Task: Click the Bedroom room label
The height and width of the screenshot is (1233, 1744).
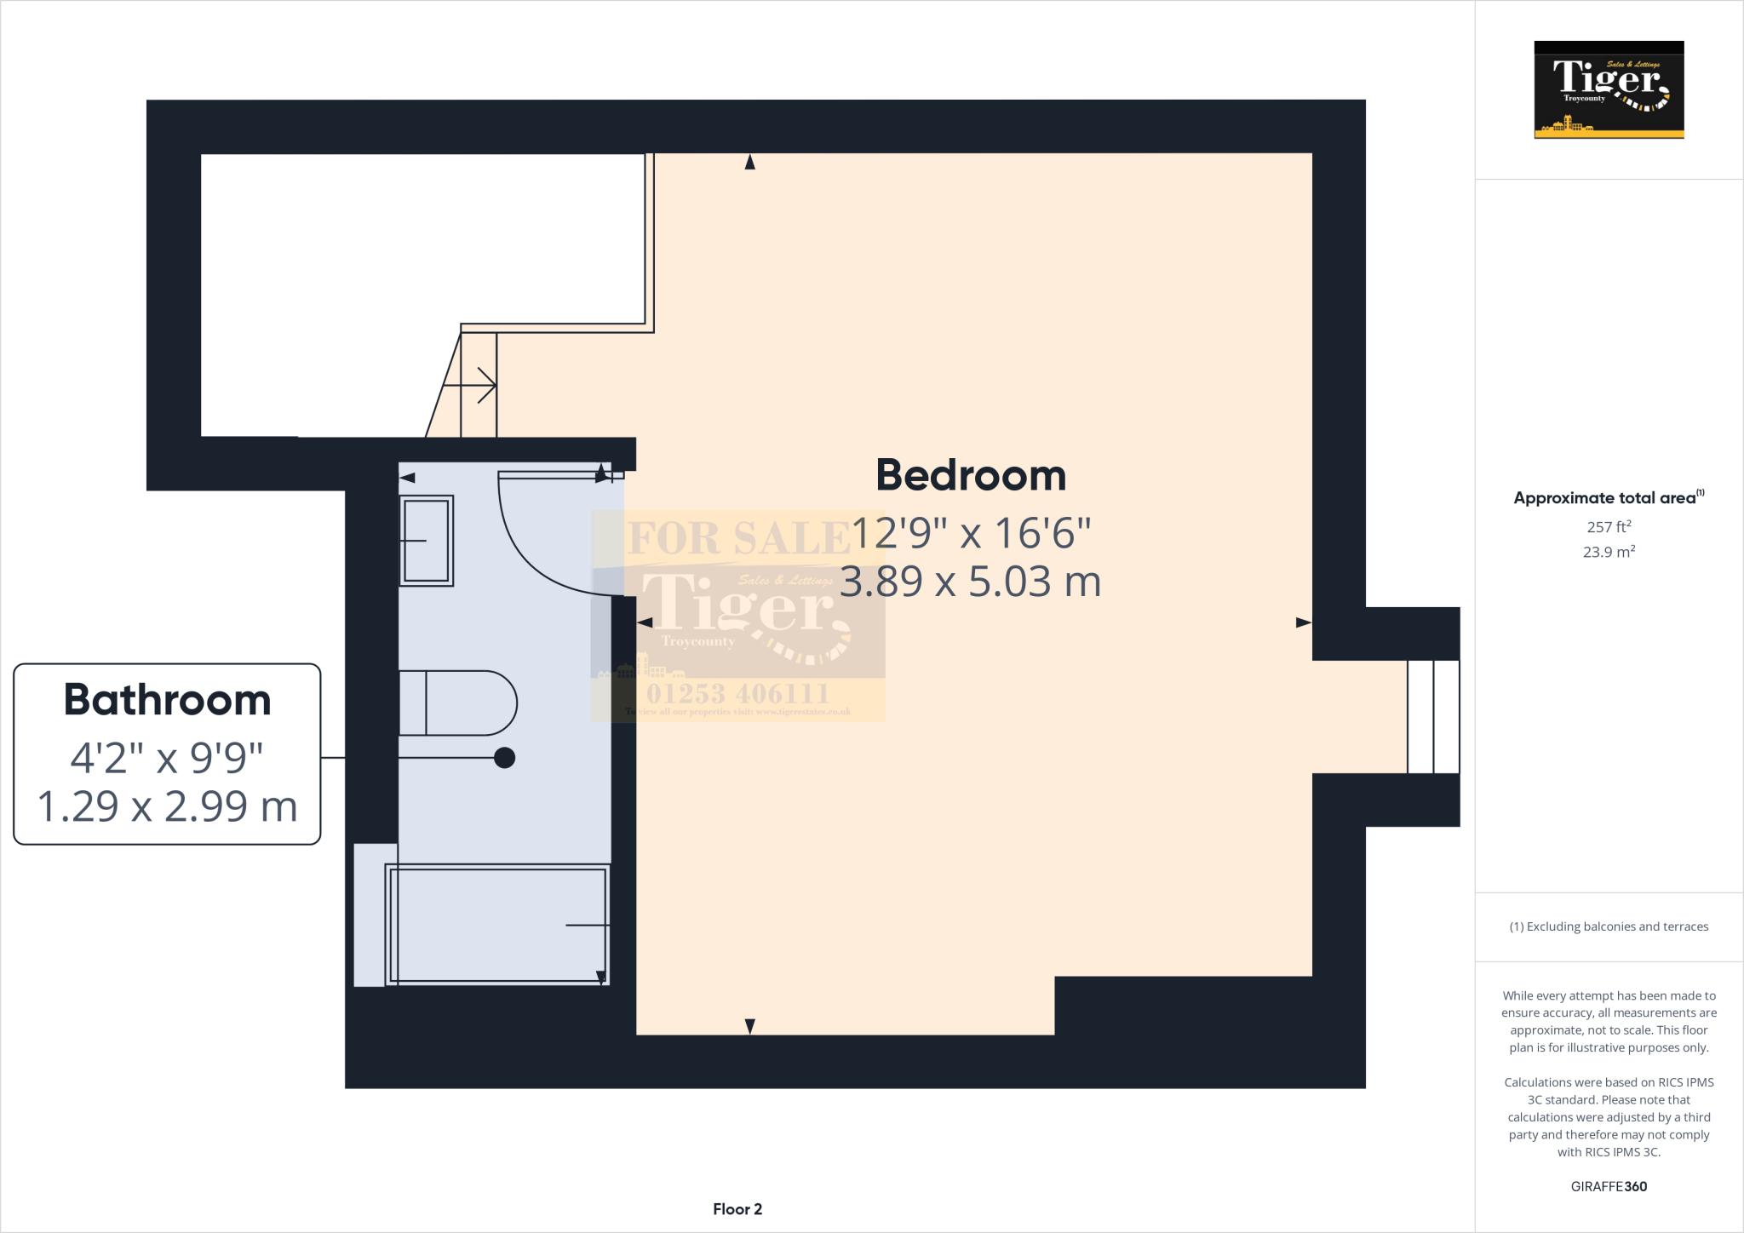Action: tap(971, 475)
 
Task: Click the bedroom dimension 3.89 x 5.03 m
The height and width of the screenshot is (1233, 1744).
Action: tap(971, 582)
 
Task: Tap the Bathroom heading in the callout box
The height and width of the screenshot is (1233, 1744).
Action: tap(168, 700)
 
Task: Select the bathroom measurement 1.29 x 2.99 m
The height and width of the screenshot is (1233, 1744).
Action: tap(168, 806)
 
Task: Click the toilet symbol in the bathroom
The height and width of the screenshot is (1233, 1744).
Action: tap(460, 703)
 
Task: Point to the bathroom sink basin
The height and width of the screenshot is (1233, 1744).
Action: tap(426, 541)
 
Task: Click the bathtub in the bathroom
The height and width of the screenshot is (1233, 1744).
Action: tap(497, 925)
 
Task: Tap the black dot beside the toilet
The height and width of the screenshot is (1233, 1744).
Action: tap(504, 757)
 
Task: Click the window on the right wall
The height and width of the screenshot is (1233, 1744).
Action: tap(1433, 717)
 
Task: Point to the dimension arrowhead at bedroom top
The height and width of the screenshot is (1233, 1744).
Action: tap(749, 163)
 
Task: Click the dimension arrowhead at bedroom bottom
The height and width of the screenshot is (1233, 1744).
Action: tap(749, 1026)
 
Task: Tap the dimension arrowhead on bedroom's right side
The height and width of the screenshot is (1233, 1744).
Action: tap(1303, 622)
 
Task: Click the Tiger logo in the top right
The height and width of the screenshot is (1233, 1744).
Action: tap(1609, 89)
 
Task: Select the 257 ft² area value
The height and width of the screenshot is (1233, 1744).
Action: tap(1609, 527)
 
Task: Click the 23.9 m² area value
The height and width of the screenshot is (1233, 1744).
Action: tap(1609, 552)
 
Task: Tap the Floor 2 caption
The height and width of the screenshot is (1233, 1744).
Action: tap(737, 1209)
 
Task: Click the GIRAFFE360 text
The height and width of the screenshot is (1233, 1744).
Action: tap(1609, 1186)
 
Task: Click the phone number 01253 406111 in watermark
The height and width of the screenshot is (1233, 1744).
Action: tap(737, 693)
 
